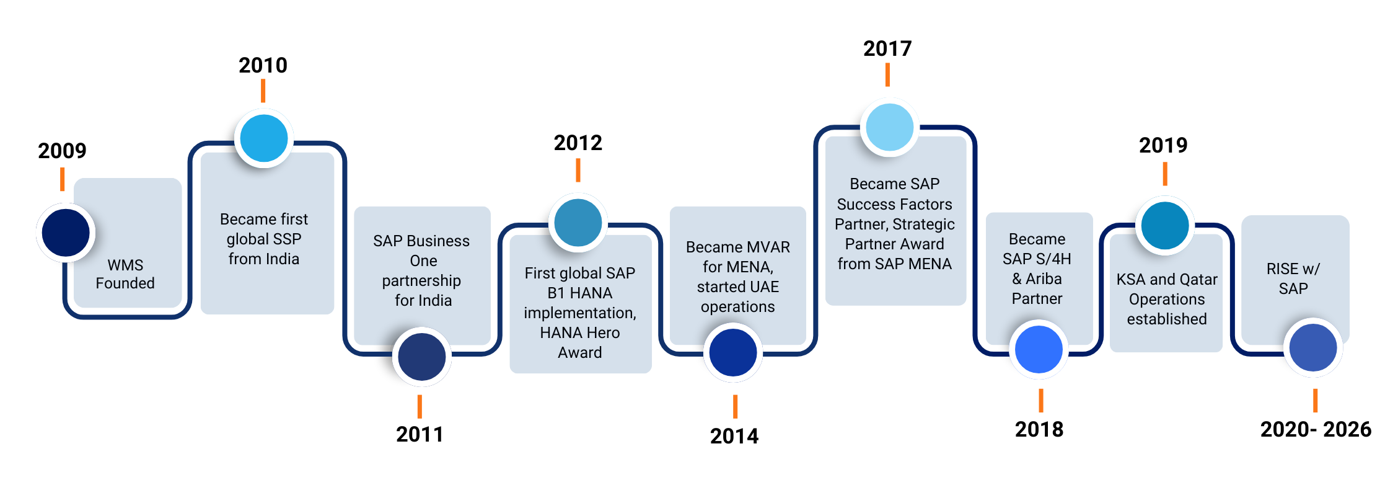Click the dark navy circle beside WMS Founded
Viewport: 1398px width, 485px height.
click(65, 233)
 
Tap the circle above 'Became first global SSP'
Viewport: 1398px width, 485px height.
click(264, 138)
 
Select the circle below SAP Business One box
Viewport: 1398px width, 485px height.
click(421, 357)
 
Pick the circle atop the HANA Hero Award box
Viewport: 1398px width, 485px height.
click(578, 222)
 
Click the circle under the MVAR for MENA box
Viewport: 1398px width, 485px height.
click(732, 352)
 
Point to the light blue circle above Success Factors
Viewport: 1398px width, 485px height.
click(890, 127)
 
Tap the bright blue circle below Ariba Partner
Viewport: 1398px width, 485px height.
click(1039, 349)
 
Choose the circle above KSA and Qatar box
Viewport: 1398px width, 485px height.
click(1165, 225)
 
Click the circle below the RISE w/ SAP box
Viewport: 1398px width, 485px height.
click(1312, 347)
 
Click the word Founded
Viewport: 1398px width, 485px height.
click(125, 283)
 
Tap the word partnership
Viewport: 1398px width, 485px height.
click(421, 281)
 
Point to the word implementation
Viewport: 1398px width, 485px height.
click(579, 313)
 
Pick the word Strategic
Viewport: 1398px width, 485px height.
click(923, 225)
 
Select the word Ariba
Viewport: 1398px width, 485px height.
click(1044, 279)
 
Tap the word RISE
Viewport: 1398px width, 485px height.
click(1282, 269)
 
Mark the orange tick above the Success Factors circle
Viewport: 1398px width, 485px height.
click(887, 74)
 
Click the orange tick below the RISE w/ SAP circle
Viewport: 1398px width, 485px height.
click(1315, 401)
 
